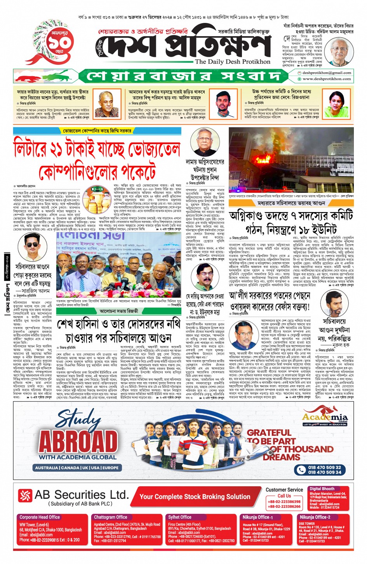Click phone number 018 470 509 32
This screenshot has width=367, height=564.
[324, 467]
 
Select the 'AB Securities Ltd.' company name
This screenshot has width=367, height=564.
[81, 495]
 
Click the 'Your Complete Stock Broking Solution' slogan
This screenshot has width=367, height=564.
[195, 496]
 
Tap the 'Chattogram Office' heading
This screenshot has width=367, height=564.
[110, 517]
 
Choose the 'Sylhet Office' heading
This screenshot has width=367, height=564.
[179, 517]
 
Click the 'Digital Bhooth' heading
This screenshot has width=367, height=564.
[322, 489]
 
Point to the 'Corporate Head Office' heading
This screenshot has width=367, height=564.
[40, 517]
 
